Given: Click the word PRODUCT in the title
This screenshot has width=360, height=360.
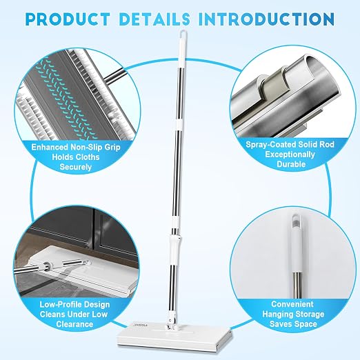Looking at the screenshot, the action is (x=67, y=19).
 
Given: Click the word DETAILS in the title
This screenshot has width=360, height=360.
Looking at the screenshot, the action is (x=154, y=19).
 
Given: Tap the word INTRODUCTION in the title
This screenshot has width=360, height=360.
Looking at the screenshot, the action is (x=267, y=19).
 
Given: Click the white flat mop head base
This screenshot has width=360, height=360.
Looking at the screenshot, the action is (x=175, y=339).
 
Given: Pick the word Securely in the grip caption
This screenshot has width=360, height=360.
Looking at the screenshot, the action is (x=76, y=167).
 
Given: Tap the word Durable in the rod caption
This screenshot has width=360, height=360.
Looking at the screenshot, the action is (x=291, y=164).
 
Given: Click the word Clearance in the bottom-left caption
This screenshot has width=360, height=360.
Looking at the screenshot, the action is (x=74, y=324).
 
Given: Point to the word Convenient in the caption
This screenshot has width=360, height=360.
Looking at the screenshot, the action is (x=292, y=304).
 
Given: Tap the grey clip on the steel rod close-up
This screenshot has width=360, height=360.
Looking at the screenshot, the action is (x=274, y=85).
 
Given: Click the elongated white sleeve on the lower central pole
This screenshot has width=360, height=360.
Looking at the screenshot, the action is (x=174, y=250).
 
